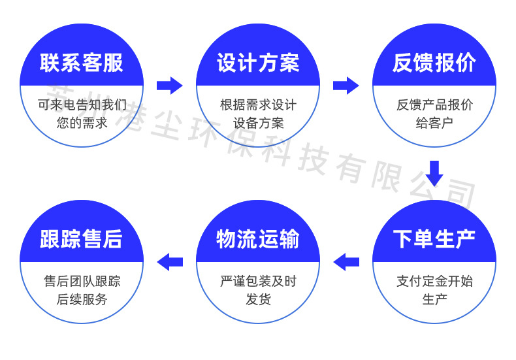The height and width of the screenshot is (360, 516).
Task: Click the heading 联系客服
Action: click(81, 63)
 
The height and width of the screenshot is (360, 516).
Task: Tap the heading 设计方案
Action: click(258, 63)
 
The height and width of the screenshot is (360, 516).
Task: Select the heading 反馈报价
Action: click(434, 63)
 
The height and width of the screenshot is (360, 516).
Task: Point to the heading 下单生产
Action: click(434, 239)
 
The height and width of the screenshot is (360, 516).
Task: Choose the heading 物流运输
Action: click(258, 239)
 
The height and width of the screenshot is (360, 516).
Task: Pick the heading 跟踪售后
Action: click(81, 239)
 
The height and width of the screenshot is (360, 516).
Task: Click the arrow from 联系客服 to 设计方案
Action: click(169, 86)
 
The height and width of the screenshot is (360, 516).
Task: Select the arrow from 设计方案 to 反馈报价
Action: click(346, 86)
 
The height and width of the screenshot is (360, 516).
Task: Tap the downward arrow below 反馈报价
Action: click(434, 173)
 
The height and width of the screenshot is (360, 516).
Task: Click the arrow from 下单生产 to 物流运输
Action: click(346, 262)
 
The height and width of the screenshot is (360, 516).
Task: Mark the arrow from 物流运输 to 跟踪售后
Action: click(169, 262)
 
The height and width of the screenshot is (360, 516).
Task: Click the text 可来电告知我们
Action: click(82, 105)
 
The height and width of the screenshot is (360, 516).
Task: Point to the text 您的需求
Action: click(82, 123)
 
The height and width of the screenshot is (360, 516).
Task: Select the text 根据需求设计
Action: click(259, 105)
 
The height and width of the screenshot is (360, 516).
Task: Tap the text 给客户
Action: click(434, 123)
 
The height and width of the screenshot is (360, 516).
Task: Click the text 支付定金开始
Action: click(434, 282)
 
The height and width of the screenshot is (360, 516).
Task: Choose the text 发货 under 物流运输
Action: click(259, 299)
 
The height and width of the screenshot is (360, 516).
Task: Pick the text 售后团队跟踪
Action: click(82, 282)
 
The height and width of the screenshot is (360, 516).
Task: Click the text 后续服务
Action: click(82, 299)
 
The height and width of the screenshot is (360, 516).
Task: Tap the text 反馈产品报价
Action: click(434, 105)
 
